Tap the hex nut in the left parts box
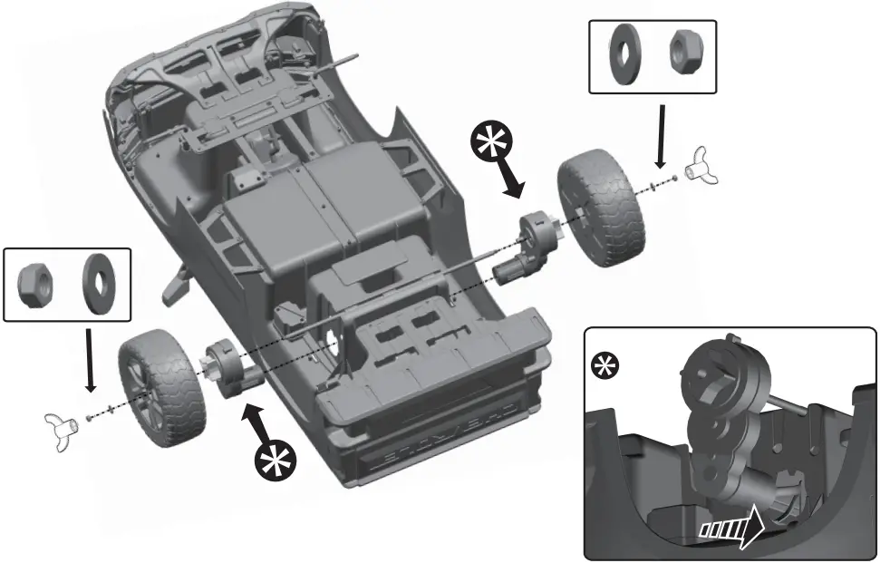(37, 283)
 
